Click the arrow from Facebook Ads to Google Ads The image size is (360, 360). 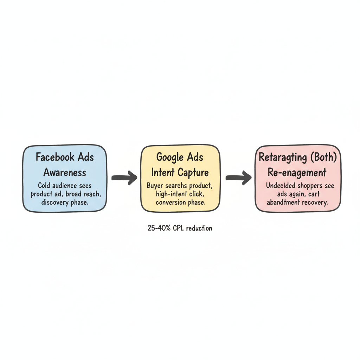124,178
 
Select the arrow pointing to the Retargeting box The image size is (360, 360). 238,178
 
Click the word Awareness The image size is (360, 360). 65,172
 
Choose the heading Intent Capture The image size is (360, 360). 180,172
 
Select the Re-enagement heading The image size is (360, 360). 297,173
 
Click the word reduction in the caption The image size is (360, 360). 199,228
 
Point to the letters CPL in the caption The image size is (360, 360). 179,228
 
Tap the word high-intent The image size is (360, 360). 166,194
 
